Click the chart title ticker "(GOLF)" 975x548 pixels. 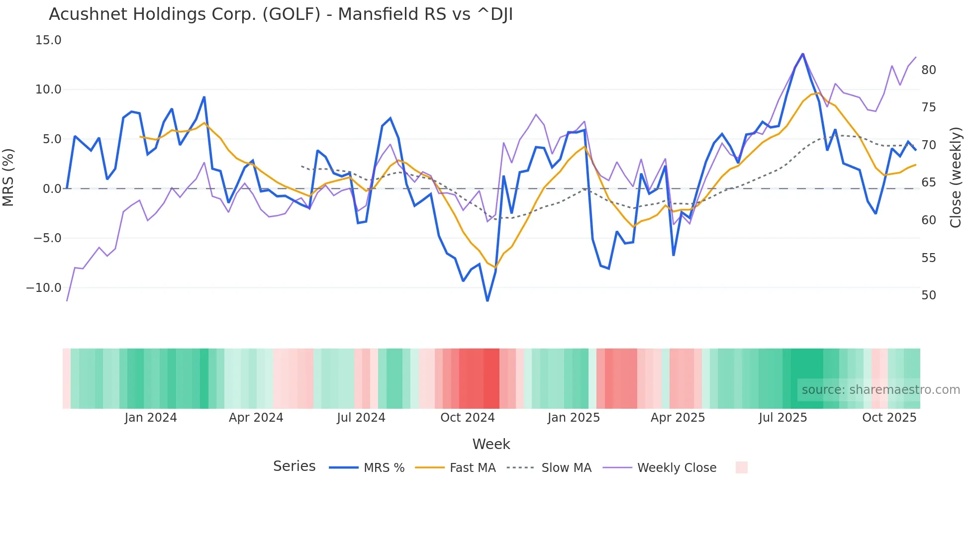pos(292,14)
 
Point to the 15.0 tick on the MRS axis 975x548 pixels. pos(48,40)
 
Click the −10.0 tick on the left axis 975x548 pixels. pos(44,288)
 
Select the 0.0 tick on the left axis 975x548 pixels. pos(52,189)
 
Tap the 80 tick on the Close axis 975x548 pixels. pos(928,70)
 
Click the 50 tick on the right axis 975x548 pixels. pos(928,295)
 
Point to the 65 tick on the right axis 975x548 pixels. pos(928,183)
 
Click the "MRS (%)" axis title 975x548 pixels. pos(8,177)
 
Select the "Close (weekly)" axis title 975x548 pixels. pos(956,178)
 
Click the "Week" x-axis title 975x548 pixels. pos(491,444)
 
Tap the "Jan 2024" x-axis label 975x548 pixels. pos(151,418)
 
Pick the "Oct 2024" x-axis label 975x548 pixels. pos(468,418)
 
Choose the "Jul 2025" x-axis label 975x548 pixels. pos(783,418)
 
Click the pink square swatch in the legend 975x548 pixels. pos(741,467)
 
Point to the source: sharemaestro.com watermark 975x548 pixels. pos(880,390)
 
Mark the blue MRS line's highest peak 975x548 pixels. pos(803,54)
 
